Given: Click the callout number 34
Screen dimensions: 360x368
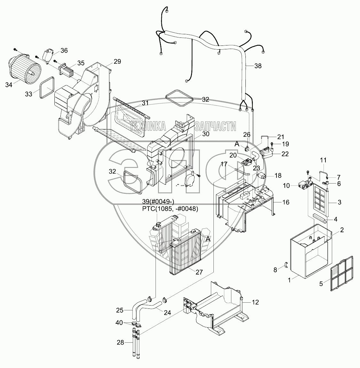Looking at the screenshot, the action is pyautogui.click(x=9, y=85).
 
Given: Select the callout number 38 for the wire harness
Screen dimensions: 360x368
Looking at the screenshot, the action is pyautogui.click(x=258, y=66).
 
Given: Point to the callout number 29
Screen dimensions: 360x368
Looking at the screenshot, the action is pyautogui.click(x=117, y=61).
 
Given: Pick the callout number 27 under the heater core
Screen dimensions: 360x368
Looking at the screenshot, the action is pyautogui.click(x=199, y=272).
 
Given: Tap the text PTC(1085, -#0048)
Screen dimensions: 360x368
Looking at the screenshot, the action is pyautogui.click(x=170, y=209).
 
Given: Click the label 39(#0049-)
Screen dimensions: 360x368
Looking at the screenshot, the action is pyautogui.click(x=158, y=202).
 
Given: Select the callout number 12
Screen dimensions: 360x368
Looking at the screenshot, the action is pyautogui.click(x=255, y=302).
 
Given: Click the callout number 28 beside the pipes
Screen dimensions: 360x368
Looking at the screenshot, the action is pyautogui.click(x=120, y=343).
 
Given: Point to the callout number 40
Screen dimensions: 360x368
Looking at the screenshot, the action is pyautogui.click(x=119, y=323).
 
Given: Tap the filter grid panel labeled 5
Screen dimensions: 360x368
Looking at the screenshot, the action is pyautogui.click(x=341, y=274).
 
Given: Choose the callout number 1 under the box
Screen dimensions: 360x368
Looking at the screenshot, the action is pyautogui.click(x=289, y=280).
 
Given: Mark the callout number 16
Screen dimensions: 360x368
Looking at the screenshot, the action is pyautogui.click(x=286, y=202).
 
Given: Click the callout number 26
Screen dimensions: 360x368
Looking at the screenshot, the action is pyautogui.click(x=247, y=135).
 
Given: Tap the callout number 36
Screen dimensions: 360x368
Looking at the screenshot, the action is pyautogui.click(x=64, y=51).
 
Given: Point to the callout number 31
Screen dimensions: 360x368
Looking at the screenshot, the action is pyautogui.click(x=145, y=103).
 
